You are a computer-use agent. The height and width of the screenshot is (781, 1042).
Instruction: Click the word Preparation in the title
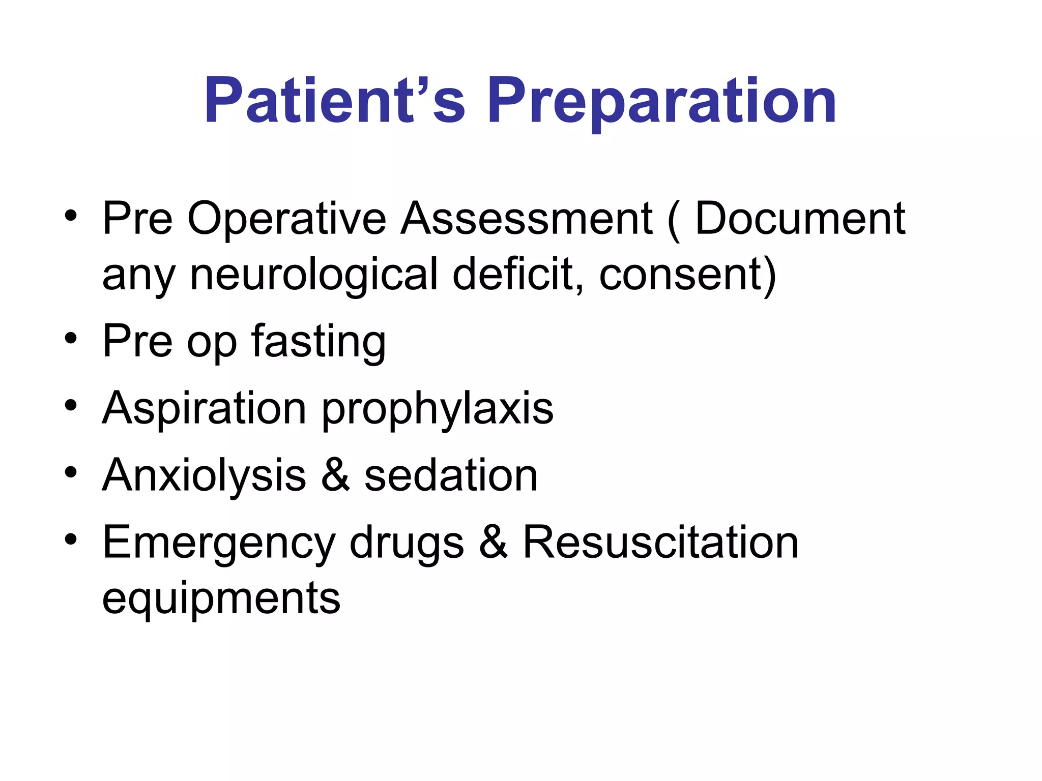(x=661, y=102)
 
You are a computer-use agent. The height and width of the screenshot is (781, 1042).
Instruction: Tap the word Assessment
(x=527, y=219)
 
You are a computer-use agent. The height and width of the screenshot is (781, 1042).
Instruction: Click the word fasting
(x=319, y=342)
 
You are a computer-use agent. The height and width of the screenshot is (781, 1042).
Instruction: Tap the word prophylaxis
(x=438, y=410)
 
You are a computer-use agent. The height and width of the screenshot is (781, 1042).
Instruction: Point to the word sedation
(x=451, y=475)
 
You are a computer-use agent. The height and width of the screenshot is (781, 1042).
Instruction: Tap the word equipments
(x=221, y=599)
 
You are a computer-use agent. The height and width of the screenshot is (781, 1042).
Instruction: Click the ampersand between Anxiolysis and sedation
(x=335, y=475)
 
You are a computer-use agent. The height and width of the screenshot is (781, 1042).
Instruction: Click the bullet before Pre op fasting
(x=71, y=339)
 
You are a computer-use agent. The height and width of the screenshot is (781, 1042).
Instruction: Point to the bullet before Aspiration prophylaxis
(x=71, y=406)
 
